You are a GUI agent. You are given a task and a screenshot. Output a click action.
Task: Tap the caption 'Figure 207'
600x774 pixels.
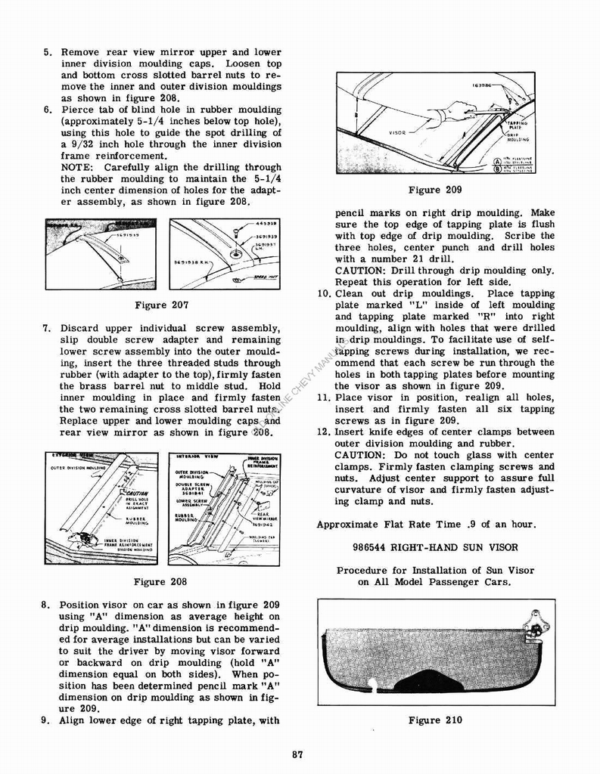pos(160,305)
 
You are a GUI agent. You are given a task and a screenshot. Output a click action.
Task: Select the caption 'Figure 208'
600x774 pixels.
pos(160,582)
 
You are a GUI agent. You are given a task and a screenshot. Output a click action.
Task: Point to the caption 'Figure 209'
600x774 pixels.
pos(434,190)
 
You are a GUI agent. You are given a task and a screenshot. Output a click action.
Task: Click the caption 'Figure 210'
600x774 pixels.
pos(435,720)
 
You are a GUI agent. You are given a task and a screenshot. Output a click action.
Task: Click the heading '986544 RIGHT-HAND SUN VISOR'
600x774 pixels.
pos(435,546)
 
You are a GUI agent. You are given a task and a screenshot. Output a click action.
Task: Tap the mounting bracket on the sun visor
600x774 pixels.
pos(539,624)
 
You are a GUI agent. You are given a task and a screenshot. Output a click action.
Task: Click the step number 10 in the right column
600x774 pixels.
pos(324,294)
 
